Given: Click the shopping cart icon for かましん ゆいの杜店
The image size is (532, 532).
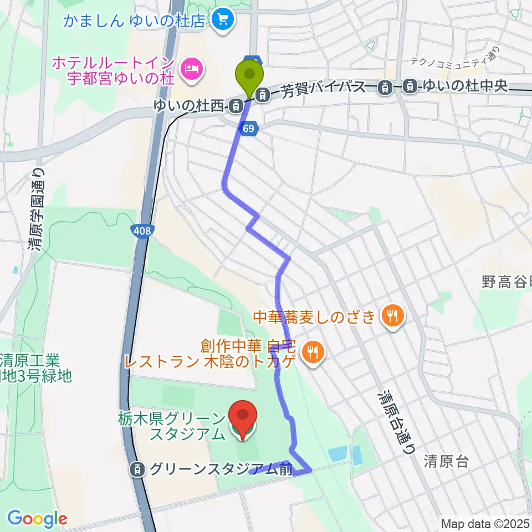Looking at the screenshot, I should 224,21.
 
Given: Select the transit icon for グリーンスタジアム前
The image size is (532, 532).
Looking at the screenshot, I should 136,469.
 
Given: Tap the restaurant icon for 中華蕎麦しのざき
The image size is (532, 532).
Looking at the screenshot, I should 393,316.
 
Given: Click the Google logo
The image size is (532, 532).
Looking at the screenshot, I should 37,519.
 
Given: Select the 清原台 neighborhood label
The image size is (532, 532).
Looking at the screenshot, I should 447,461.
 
